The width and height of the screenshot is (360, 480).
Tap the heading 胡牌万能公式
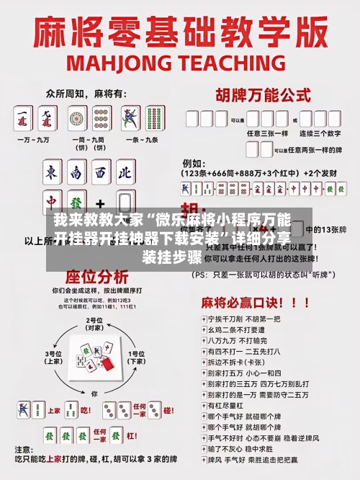coord(258,95)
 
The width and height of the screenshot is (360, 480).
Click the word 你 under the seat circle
coord(94,394)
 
